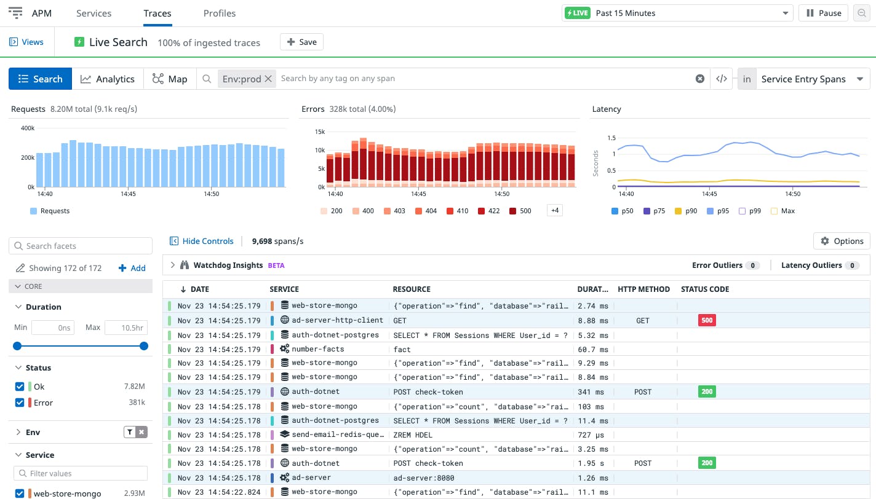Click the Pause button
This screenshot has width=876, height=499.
823,13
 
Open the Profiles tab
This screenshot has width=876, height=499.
219,13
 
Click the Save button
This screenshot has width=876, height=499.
301,42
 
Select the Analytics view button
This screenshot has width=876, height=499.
108,79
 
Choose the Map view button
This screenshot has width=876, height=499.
170,79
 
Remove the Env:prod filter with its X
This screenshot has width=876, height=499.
268,79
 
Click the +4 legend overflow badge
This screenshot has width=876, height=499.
554,211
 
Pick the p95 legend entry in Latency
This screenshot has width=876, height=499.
719,211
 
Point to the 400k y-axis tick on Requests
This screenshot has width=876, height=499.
27,128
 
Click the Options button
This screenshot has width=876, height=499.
842,241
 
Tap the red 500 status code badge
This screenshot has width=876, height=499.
707,320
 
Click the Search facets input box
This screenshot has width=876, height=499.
81,246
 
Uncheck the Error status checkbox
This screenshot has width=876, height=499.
20,403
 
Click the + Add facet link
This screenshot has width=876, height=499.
132,268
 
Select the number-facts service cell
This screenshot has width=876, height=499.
317,349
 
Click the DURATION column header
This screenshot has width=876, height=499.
592,289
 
